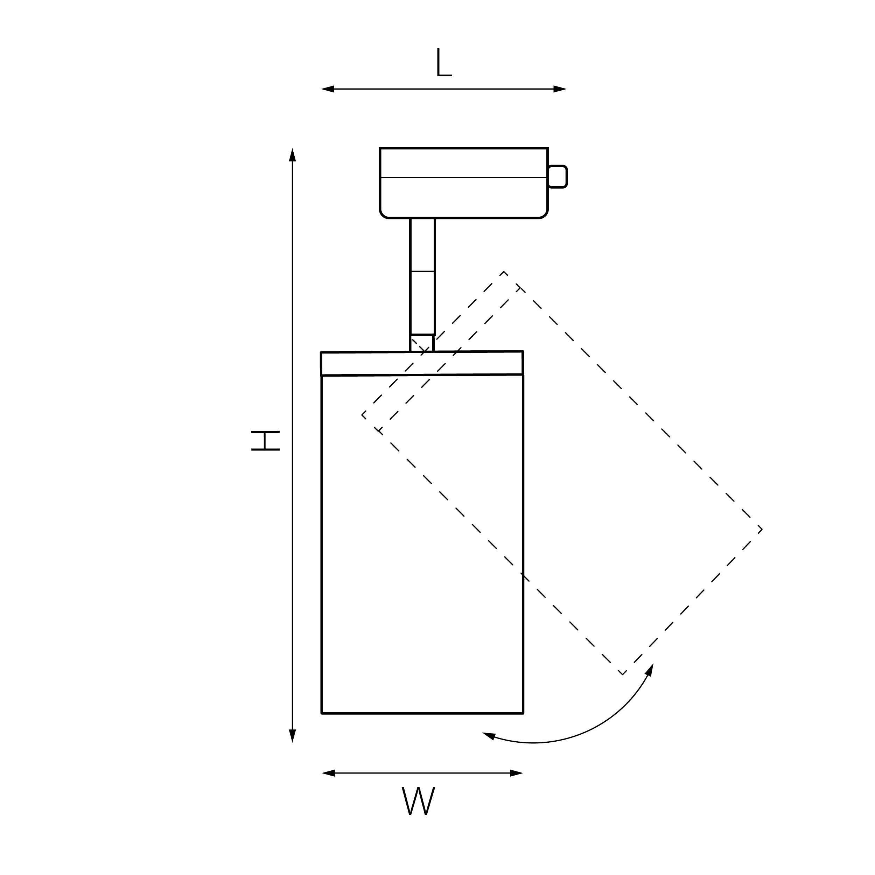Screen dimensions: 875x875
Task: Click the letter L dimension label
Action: tap(444, 63)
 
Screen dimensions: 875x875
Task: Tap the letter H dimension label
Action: tap(265, 441)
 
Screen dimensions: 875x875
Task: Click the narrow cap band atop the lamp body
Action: tap(422, 363)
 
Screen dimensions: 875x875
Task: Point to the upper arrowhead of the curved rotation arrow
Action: tap(650, 670)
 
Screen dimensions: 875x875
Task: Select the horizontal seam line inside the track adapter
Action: tap(464, 177)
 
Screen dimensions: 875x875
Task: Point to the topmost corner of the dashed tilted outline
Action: tap(504, 271)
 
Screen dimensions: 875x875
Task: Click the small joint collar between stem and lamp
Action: tap(422, 343)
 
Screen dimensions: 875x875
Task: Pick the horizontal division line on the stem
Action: tap(422, 271)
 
